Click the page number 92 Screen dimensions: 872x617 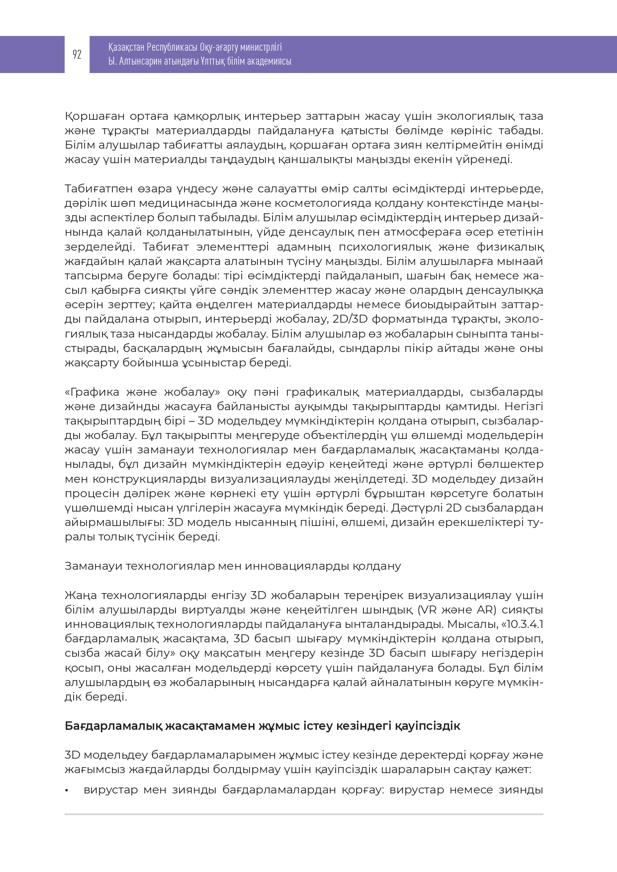[77, 55]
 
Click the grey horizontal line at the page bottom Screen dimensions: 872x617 [304, 814]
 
